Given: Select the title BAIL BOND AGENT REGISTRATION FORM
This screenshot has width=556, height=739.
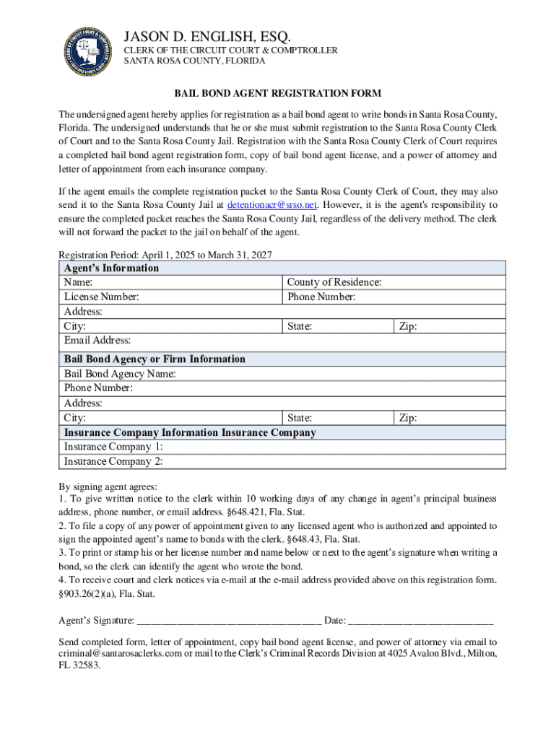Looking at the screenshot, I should [x=277, y=94].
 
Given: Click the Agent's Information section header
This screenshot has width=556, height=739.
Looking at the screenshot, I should [x=111, y=268].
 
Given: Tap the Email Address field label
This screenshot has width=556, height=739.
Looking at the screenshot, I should [x=97, y=340].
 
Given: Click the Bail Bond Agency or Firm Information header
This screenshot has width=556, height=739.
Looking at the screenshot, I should [x=155, y=359].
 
